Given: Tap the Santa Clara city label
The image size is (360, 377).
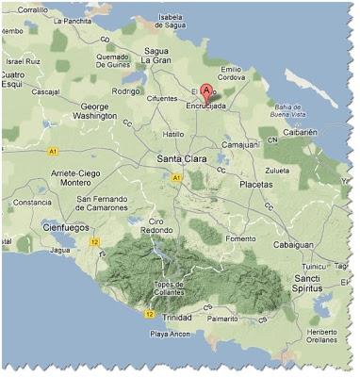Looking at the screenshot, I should pyautogui.click(x=181, y=159).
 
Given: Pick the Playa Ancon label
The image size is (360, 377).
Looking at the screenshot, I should pyautogui.click(x=170, y=335).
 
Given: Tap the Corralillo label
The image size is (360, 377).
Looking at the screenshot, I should pyautogui.click(x=33, y=8).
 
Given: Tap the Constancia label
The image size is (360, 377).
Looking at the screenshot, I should pyautogui.click(x=32, y=202).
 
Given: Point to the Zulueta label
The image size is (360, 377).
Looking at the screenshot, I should pyautogui.click(x=278, y=170).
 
